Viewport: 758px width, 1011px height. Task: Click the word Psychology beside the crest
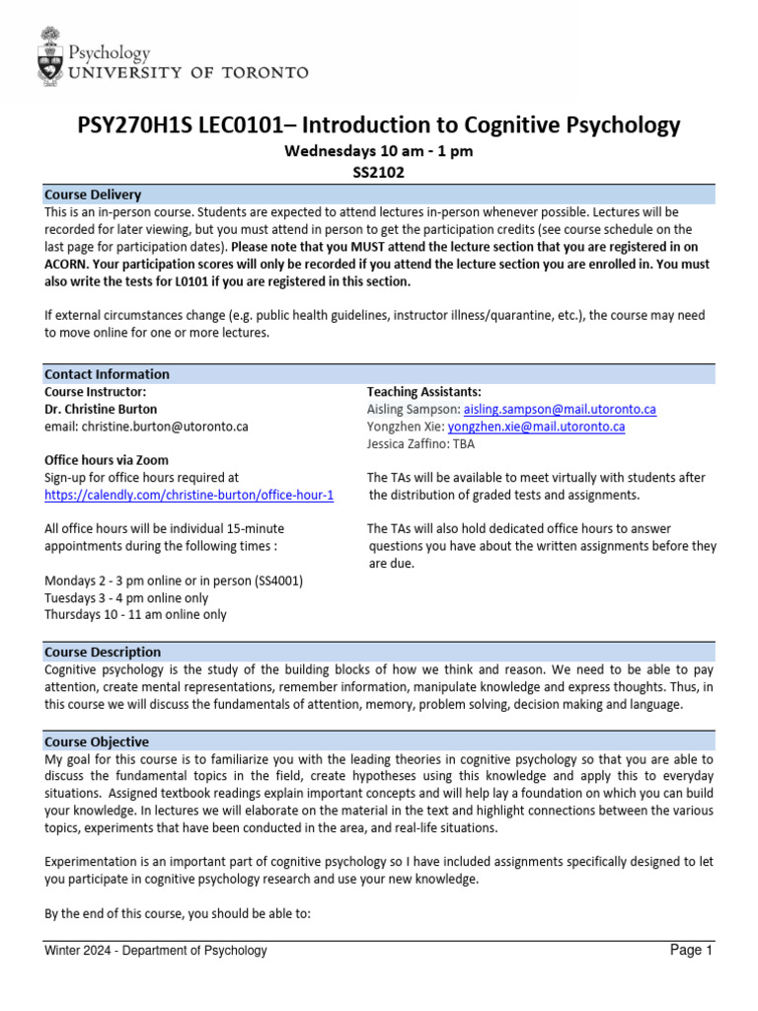[x=108, y=52]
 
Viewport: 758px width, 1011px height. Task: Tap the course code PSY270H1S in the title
[x=135, y=125]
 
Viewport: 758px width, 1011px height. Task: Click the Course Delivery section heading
[x=93, y=194]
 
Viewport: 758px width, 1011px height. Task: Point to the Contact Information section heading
[x=107, y=374]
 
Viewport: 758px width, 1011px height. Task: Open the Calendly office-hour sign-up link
[x=189, y=495]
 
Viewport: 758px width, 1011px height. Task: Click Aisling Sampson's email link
[x=560, y=409]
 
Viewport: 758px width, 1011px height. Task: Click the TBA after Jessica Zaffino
[x=464, y=444]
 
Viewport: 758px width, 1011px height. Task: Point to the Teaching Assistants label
[x=423, y=392]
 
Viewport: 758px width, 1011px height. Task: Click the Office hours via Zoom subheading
[x=107, y=460]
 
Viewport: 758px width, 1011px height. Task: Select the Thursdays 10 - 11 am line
[x=135, y=614]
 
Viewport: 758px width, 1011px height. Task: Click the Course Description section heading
[x=103, y=652]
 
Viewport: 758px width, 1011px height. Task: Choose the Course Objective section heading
[x=97, y=741]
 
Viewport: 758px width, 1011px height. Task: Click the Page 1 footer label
[x=691, y=951]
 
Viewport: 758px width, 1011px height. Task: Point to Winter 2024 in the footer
[x=82, y=951]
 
